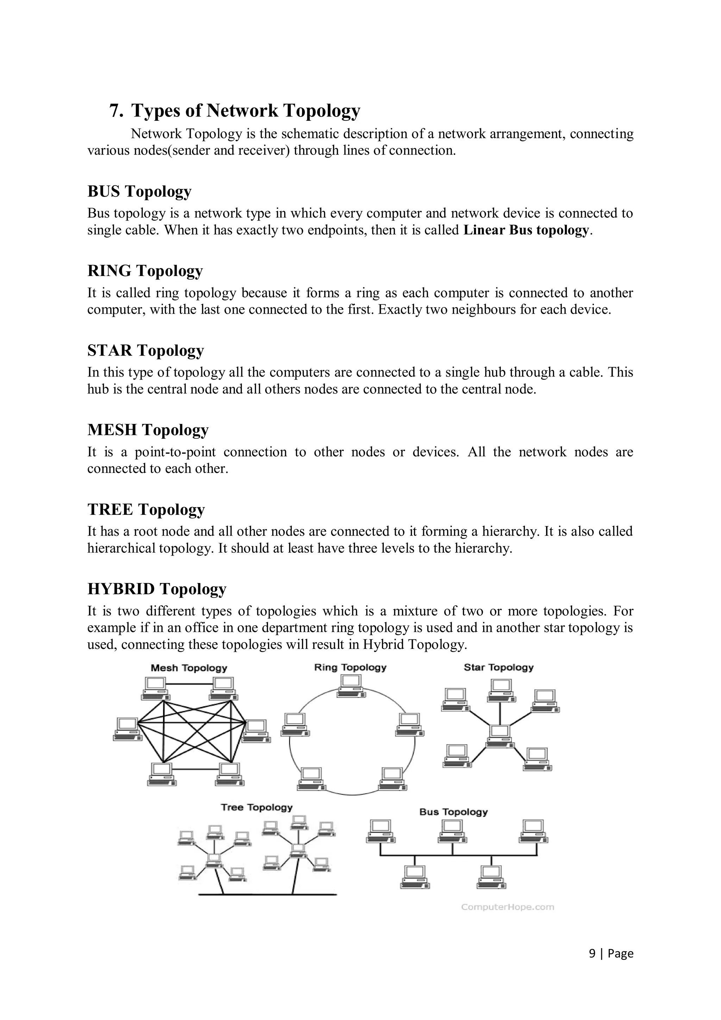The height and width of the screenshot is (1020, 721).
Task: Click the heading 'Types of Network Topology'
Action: (245, 111)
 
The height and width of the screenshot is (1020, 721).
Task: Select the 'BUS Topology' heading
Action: (139, 192)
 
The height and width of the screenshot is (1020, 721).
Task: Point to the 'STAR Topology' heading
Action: (146, 351)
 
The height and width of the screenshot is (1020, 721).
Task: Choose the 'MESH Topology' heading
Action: (148, 430)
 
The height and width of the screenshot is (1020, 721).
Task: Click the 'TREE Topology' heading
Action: (146, 509)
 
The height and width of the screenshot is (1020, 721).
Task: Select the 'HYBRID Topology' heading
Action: (157, 589)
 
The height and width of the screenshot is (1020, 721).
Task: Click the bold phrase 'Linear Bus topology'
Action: (526, 230)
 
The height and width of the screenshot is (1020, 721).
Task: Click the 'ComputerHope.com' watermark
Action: (507, 907)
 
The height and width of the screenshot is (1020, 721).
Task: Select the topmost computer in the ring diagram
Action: (351, 686)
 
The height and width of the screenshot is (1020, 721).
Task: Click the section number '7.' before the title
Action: (117, 111)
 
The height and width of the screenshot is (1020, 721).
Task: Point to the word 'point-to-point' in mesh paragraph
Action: (175, 452)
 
